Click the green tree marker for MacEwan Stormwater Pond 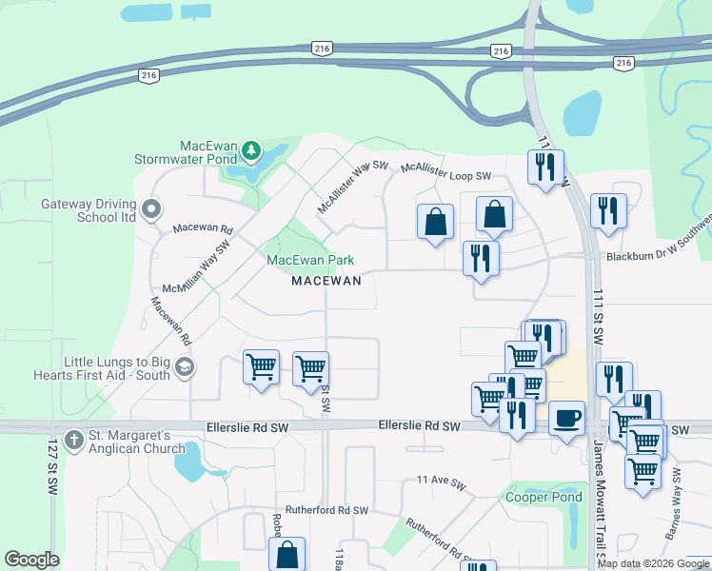click(251, 150)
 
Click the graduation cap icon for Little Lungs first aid click(185, 367)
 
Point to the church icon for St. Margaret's click(71, 441)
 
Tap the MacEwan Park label click(310, 260)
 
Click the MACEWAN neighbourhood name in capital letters click(326, 281)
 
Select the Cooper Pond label click(544, 498)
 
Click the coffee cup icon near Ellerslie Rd click(566, 419)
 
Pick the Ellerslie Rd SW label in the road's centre click(419, 427)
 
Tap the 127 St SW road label click(51, 466)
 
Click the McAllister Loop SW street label click(445, 170)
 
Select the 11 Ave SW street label click(439, 482)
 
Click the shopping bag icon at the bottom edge click(287, 554)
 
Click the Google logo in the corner click(31, 560)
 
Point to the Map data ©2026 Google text click(652, 563)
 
